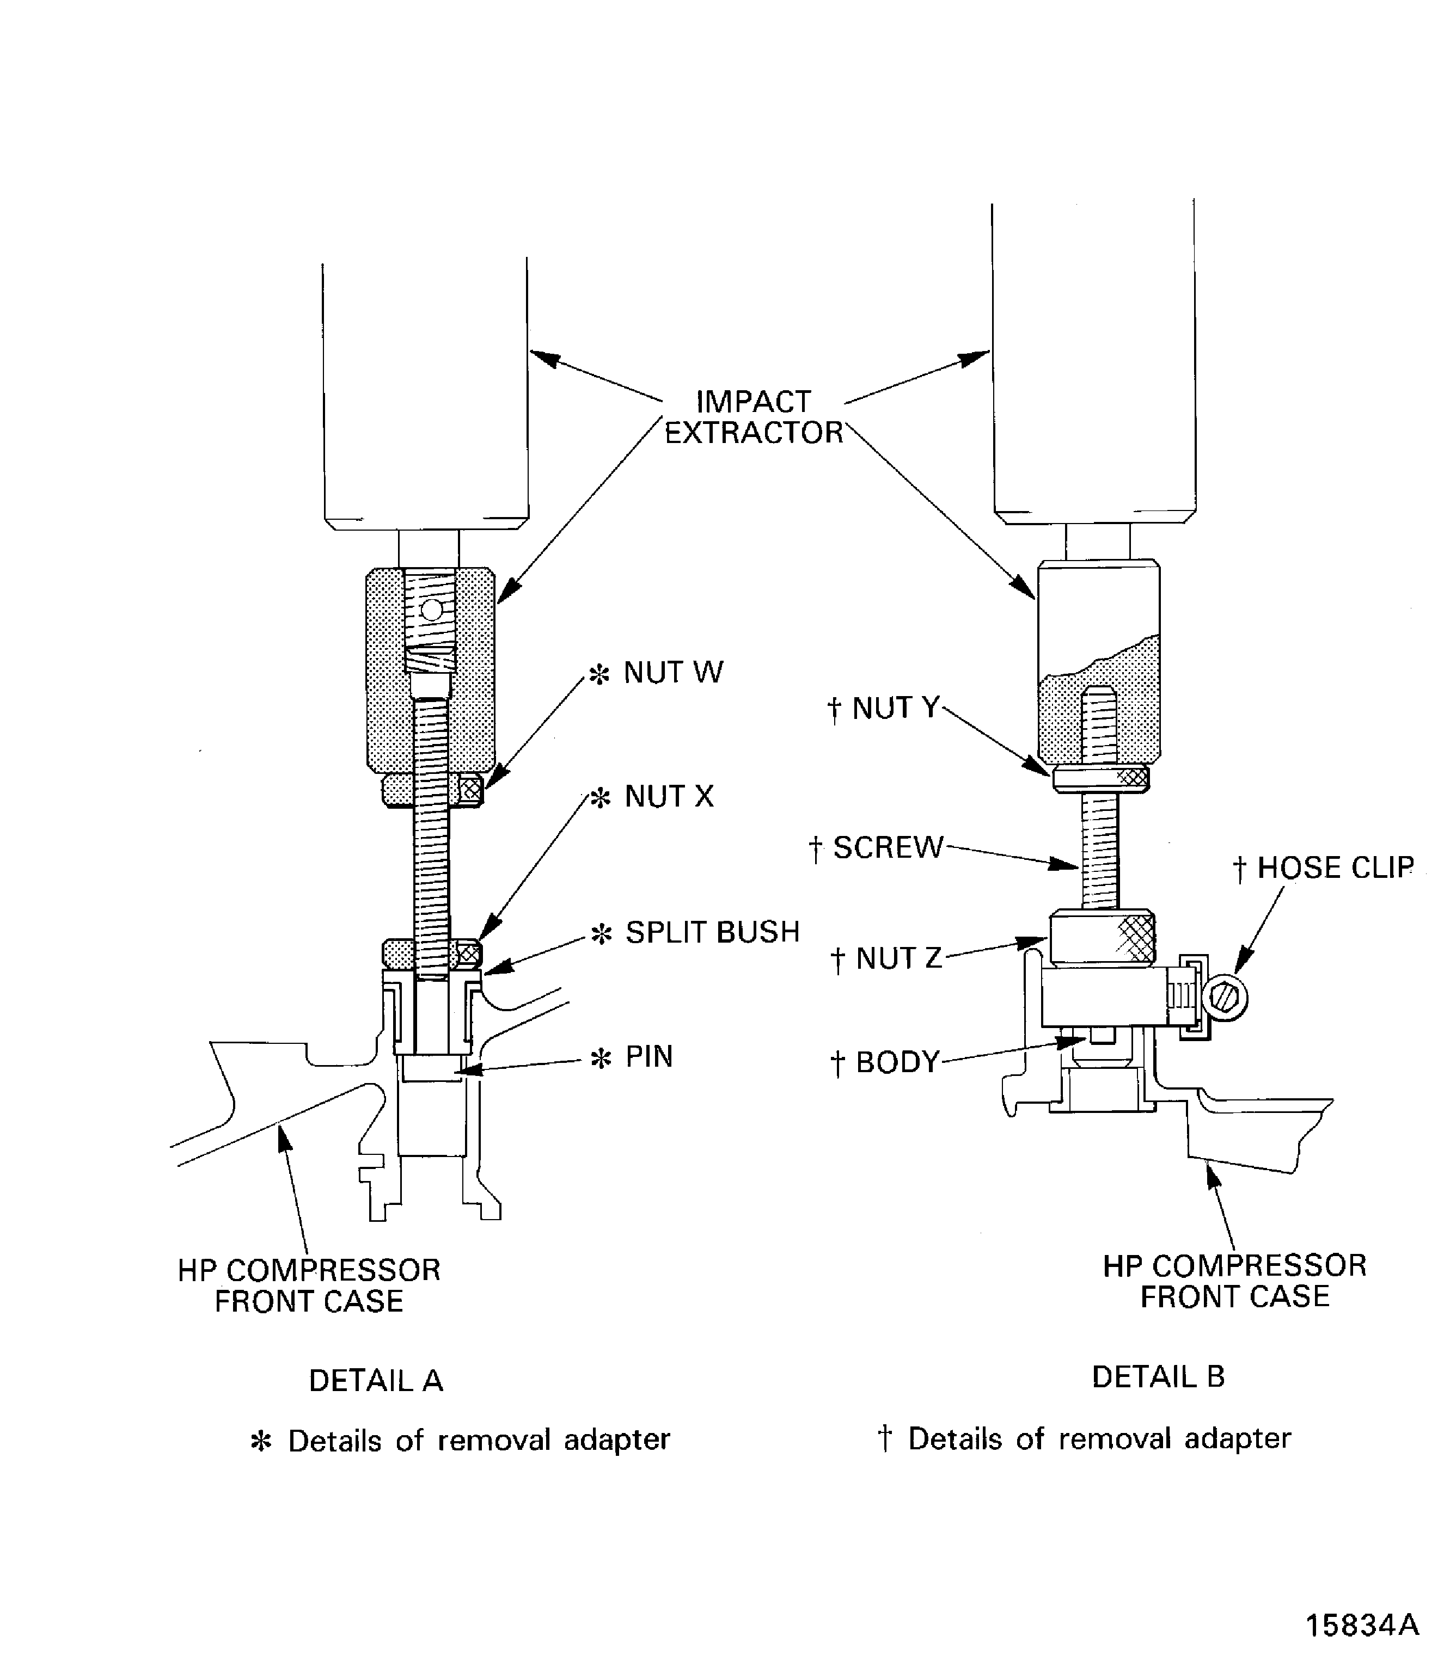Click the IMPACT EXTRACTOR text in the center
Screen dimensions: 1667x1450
754,417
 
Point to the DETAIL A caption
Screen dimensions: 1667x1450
376,1381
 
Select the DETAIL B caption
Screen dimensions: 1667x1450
1158,1376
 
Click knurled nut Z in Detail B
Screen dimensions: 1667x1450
1102,937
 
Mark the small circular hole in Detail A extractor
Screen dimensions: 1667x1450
432,609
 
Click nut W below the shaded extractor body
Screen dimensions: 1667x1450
432,790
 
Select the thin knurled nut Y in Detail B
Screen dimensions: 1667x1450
1100,778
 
